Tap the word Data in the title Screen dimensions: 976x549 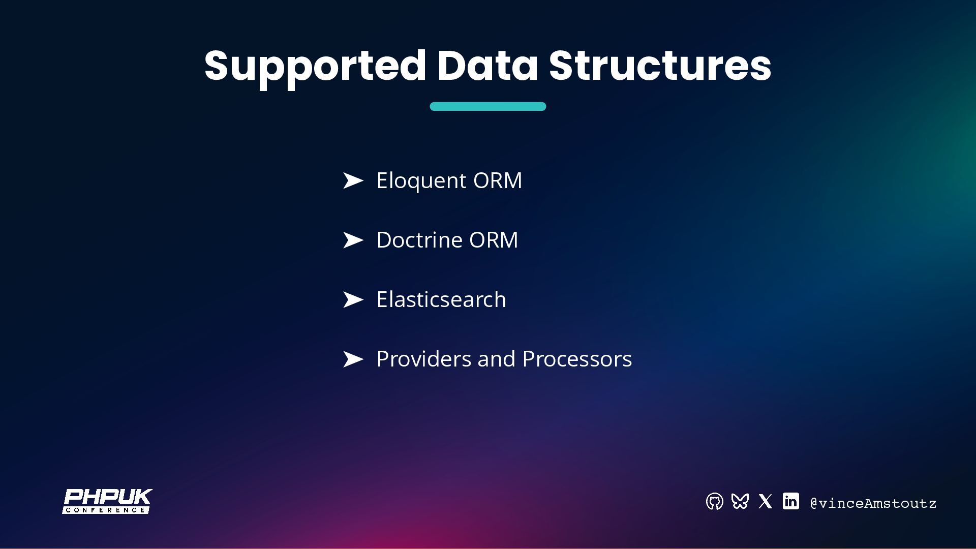[x=487, y=66]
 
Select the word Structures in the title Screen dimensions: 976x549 [x=660, y=66]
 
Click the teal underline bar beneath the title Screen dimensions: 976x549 [x=487, y=106]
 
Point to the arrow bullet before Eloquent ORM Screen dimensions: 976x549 [x=353, y=180]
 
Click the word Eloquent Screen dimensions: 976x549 [x=421, y=180]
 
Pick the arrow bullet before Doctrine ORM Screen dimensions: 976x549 [x=353, y=240]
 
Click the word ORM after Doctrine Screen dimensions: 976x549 [x=493, y=240]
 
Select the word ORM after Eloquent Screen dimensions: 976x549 [x=497, y=180]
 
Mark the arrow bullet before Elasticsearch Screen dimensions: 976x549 [x=353, y=299]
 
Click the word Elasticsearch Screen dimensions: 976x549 [x=441, y=299]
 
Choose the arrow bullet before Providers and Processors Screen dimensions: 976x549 [x=353, y=359]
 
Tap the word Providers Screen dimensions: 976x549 [x=423, y=359]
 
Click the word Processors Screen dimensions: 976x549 [x=577, y=359]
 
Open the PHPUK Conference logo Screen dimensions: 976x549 [x=107, y=501]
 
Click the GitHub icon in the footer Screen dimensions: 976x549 [x=714, y=502]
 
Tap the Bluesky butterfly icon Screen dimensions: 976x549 [x=740, y=502]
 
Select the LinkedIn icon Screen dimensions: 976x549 [x=790, y=501]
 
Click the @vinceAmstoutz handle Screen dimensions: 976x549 [x=873, y=503]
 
